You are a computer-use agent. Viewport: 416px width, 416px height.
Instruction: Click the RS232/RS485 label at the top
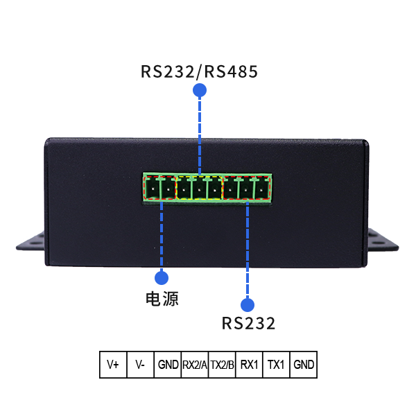click(x=199, y=71)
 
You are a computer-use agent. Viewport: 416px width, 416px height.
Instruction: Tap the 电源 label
click(x=162, y=299)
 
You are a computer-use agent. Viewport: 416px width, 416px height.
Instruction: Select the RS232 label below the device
click(x=248, y=323)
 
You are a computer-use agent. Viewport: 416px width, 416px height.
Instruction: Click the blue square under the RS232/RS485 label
click(x=200, y=90)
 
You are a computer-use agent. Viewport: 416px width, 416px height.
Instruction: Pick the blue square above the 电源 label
click(x=162, y=277)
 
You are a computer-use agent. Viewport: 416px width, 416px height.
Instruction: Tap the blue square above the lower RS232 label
click(x=248, y=304)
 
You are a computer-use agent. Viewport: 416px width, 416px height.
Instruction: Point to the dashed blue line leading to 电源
click(x=162, y=236)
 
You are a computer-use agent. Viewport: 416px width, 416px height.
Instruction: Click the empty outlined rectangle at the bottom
click(x=208, y=365)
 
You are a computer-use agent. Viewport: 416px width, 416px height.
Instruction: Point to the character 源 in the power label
click(x=171, y=299)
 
